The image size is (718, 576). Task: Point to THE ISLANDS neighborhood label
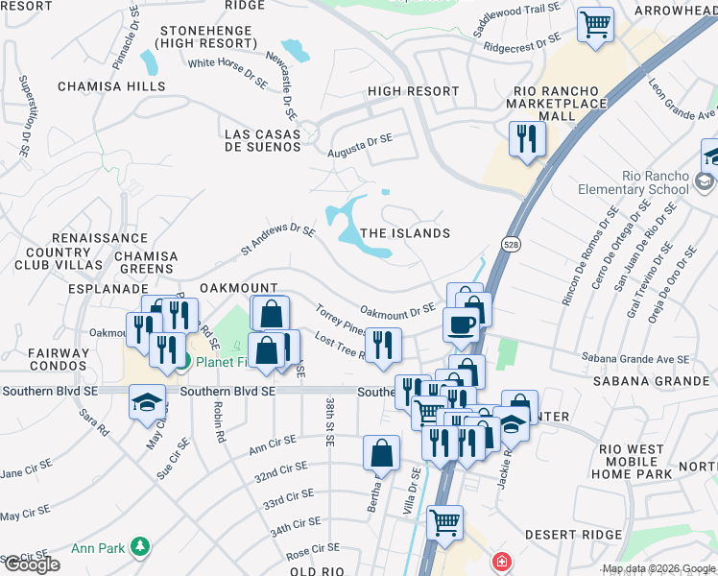(x=404, y=233)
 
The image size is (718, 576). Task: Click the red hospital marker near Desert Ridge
(x=500, y=562)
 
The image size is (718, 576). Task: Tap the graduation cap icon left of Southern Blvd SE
(x=147, y=401)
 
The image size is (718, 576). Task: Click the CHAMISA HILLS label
(x=110, y=86)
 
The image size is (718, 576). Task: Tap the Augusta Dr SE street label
(x=362, y=146)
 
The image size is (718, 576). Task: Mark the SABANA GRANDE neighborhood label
(x=638, y=380)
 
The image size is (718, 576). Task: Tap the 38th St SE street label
(x=328, y=422)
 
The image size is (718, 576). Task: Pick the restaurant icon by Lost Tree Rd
(x=383, y=346)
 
